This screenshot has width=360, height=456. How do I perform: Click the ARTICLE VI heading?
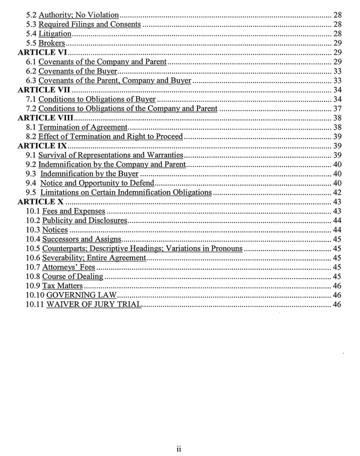[x=43, y=52]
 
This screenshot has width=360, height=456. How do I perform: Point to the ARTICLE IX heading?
[x=43, y=146]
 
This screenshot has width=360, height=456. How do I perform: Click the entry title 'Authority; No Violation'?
[x=79, y=15]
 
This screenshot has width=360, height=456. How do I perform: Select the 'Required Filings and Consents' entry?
[x=90, y=24]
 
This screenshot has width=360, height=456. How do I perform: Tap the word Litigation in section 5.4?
[x=55, y=34]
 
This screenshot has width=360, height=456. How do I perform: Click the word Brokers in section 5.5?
[x=52, y=43]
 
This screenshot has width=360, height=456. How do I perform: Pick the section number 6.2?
[x=31, y=71]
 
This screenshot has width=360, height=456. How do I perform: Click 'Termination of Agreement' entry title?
[x=83, y=127]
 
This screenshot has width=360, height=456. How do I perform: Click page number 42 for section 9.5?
[x=337, y=193]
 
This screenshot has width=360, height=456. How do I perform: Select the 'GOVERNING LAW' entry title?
[x=81, y=295]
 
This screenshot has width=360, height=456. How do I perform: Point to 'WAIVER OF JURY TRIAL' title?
[x=93, y=305]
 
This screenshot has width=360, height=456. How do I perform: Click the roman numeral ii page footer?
[x=178, y=449]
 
